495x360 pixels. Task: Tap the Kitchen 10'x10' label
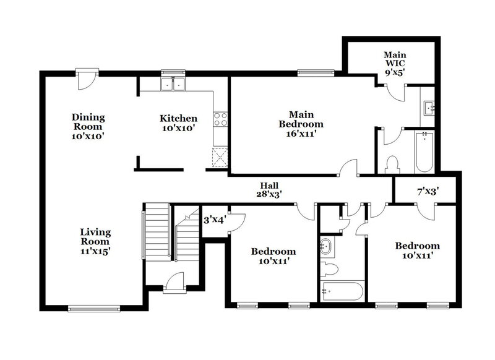pos(178,123)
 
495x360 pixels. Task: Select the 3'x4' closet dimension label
pos(214,219)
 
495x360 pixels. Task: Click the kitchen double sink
pos(174,84)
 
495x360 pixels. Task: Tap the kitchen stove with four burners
pos(221,119)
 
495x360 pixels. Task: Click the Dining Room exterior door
pos(85,77)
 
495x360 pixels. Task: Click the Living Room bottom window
pos(93,307)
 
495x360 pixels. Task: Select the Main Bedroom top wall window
pos(316,73)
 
